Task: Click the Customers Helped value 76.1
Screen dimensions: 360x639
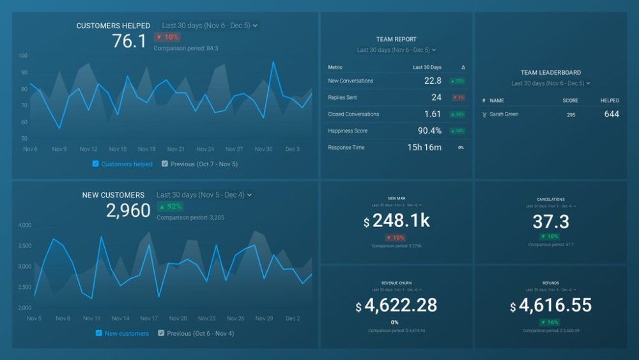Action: tap(129, 42)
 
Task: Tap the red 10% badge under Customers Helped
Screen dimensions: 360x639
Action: tap(167, 38)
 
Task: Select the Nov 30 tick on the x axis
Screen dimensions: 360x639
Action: tap(264, 149)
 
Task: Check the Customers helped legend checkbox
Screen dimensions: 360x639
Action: tap(96, 164)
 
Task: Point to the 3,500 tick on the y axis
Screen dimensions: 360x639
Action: tap(24, 246)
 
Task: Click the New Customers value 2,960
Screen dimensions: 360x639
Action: tap(128, 211)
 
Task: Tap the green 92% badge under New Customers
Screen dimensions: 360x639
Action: tap(170, 207)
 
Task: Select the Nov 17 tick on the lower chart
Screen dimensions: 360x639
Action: tap(149, 318)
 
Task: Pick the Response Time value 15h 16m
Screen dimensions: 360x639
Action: tap(424, 148)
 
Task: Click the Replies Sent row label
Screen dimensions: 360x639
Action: tap(343, 98)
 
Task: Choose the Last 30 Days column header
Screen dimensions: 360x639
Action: tap(427, 67)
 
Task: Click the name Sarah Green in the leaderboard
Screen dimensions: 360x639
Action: tap(504, 114)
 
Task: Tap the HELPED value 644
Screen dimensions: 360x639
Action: tap(612, 114)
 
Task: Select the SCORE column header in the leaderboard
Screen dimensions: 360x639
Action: tap(570, 101)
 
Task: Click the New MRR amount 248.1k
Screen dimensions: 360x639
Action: tap(401, 222)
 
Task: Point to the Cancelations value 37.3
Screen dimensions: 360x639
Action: tap(551, 222)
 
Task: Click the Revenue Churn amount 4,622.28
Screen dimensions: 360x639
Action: tap(401, 306)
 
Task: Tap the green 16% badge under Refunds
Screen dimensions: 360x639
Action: tap(550, 322)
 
